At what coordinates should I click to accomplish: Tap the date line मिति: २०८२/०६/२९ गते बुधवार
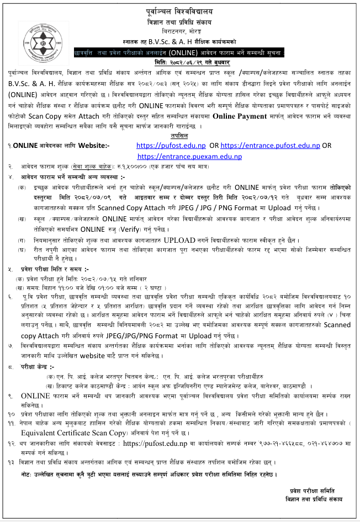point(179,63)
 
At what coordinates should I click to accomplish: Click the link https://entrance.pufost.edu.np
point(270,146)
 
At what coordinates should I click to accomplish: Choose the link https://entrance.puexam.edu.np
point(189,156)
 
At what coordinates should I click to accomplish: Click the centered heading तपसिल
point(179,135)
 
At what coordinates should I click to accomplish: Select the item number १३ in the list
point(12,462)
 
